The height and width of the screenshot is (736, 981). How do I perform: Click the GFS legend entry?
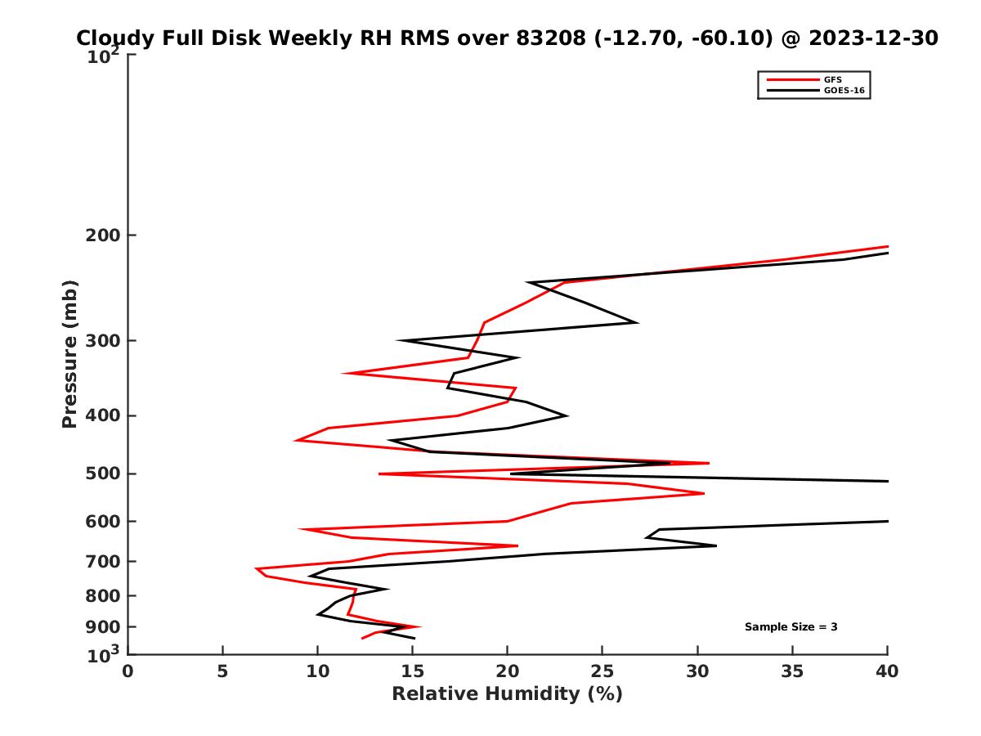(x=832, y=79)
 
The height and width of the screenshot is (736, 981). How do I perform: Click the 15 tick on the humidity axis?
(x=413, y=671)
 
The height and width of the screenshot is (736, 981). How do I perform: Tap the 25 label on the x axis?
(x=602, y=671)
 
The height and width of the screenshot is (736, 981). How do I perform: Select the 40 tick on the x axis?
(x=887, y=671)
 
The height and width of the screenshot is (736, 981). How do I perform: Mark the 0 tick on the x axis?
(x=128, y=671)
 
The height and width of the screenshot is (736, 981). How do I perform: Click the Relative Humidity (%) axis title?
(x=507, y=694)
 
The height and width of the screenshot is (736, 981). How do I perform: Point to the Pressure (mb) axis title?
(x=69, y=353)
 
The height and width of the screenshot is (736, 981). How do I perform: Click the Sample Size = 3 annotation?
(x=791, y=627)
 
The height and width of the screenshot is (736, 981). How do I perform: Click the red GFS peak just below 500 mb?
(x=704, y=493)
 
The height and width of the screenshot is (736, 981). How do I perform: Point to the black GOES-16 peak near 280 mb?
(x=636, y=322)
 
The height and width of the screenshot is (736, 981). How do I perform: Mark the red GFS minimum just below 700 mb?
(x=256, y=568)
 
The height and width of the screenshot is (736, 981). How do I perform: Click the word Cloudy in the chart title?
(x=114, y=38)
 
